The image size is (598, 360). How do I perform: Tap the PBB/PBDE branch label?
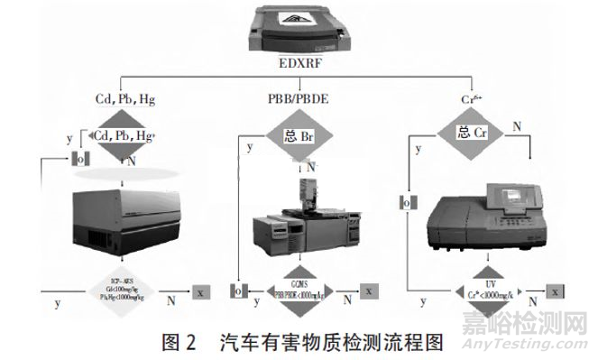point(299,97)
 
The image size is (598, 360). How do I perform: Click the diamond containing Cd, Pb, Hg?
point(124,136)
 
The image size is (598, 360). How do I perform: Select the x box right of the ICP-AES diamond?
point(201,291)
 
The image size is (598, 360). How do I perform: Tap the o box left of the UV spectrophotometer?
point(407,203)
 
